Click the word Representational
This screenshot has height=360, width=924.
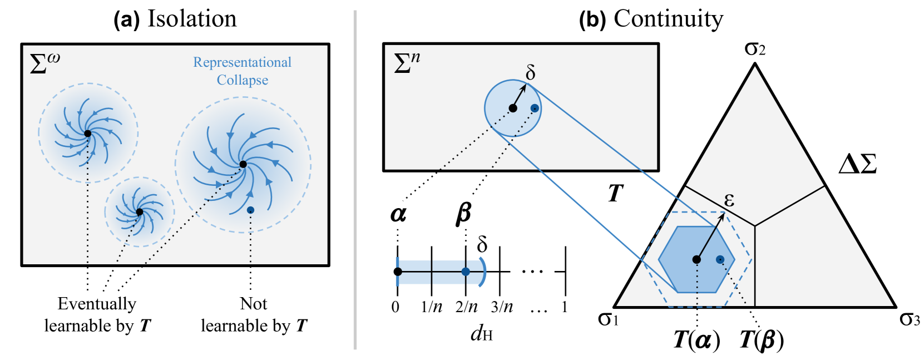242,62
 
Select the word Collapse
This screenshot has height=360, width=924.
242,80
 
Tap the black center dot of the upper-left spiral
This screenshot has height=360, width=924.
87,134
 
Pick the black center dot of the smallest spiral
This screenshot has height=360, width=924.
140,212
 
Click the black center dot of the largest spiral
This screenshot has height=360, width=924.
243,164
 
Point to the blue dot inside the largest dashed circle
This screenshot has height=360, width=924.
250,210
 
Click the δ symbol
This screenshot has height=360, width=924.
531,72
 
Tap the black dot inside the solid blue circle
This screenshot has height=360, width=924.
513,109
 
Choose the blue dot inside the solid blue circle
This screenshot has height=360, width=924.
535,108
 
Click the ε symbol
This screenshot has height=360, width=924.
729,200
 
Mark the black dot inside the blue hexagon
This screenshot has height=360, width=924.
696,259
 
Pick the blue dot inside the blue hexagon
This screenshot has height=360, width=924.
720,259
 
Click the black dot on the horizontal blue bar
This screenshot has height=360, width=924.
398,272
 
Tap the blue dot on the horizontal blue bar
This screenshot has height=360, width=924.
466,272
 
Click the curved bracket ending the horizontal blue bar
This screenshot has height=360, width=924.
483,272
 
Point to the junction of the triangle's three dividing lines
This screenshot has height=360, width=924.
755,226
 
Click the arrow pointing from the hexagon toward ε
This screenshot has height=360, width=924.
711,236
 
